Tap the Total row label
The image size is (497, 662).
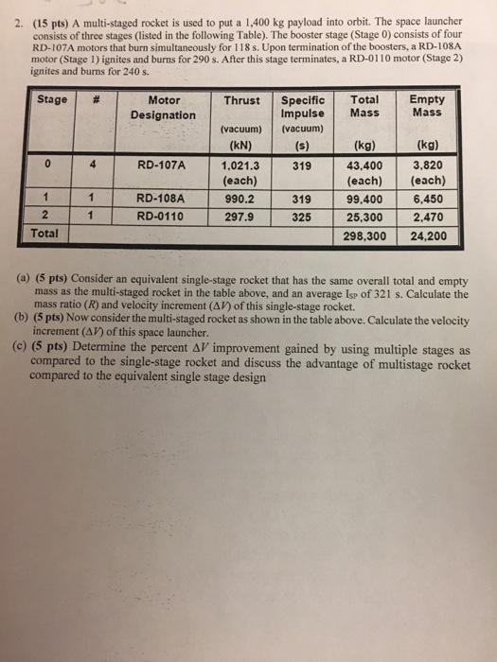coord(44,231)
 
